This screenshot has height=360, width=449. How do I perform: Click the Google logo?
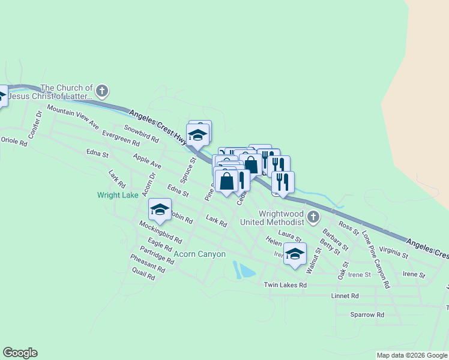pyautogui.click(x=20, y=353)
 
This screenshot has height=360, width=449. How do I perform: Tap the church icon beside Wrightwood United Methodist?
pyautogui.click(x=312, y=217)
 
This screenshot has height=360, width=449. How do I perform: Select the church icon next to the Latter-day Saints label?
pyautogui.click(x=102, y=91)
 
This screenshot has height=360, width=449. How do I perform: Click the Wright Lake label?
pyautogui.click(x=118, y=195)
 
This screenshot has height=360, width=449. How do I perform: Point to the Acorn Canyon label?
pyautogui.click(x=199, y=254)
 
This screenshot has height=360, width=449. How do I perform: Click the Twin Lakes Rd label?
pyautogui.click(x=285, y=285)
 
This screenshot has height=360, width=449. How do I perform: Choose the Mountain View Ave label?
pyautogui.click(x=73, y=117)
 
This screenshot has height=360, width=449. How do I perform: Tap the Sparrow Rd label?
pyautogui.click(x=367, y=314)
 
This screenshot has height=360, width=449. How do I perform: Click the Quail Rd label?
pyautogui.click(x=144, y=274)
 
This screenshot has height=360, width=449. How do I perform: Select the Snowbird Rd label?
pyautogui.click(x=142, y=133)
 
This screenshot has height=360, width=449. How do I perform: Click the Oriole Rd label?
pyautogui.click(x=14, y=142)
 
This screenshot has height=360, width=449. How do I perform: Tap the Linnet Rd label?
pyautogui.click(x=345, y=296)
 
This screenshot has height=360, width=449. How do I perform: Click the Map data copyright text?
pyautogui.click(x=411, y=355)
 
